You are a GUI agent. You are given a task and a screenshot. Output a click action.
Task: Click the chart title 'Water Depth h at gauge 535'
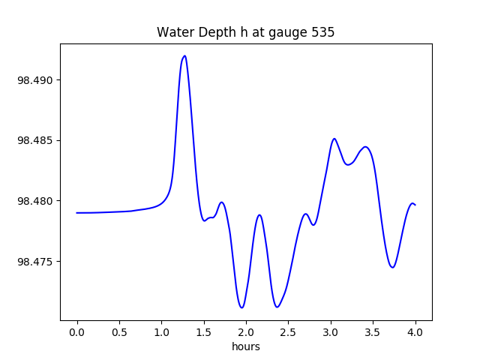[x=245, y=32]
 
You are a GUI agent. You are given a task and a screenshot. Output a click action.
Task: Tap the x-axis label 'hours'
[x=245, y=346]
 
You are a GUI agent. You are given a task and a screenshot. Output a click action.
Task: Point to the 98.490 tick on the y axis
[x=34, y=80]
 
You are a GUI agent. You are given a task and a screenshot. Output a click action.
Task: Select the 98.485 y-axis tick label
[x=34, y=141]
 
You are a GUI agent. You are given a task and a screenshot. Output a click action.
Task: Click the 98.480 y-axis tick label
[x=34, y=201]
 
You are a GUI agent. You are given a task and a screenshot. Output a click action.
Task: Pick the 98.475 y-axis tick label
[x=34, y=262]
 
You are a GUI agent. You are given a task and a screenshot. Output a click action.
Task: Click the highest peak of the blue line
[x=184, y=55]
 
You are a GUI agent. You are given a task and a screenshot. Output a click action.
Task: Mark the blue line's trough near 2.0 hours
[x=241, y=307]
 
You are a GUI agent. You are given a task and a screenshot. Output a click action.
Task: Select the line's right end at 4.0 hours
[x=415, y=205]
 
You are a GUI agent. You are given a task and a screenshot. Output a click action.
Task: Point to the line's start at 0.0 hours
[x=77, y=213]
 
